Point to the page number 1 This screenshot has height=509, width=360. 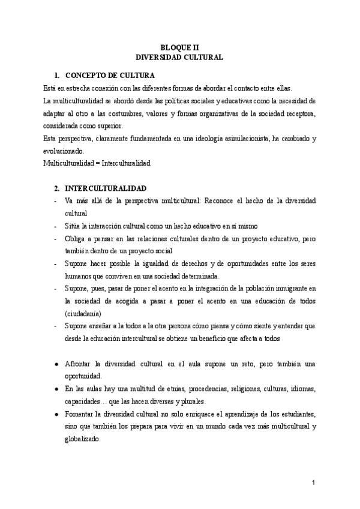[x=313, y=483]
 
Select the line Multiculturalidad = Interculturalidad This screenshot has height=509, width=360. [x=97, y=163]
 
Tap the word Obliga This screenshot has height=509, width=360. [x=75, y=238]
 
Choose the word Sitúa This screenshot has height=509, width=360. [x=73, y=226]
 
